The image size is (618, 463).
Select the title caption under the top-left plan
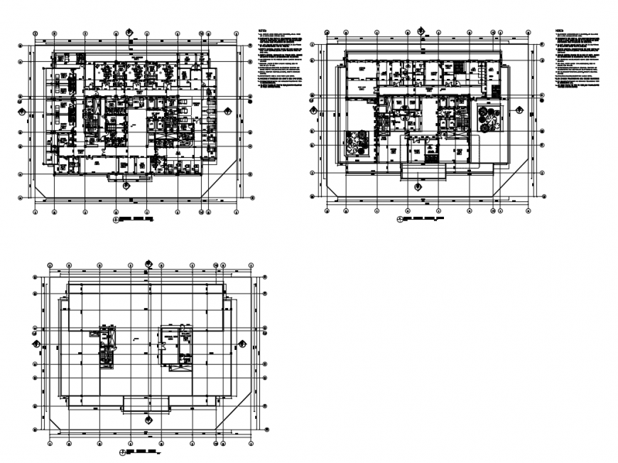pyautogui.click(x=136, y=221)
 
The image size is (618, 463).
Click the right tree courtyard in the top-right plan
pyautogui.click(x=488, y=118)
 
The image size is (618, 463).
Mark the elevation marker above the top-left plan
pyautogui.click(x=129, y=31)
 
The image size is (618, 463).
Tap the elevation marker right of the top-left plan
pyautogui.click(x=228, y=110)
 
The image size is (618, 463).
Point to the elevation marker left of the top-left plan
pyautogui.click(x=21, y=111)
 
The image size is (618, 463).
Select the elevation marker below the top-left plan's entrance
pyautogui.click(x=126, y=186)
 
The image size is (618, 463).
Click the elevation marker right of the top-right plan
pyautogui.click(x=519, y=110)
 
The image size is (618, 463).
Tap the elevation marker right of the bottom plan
pyautogui.click(x=242, y=344)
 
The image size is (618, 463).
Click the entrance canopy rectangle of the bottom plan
pyautogui.click(x=147, y=405)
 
